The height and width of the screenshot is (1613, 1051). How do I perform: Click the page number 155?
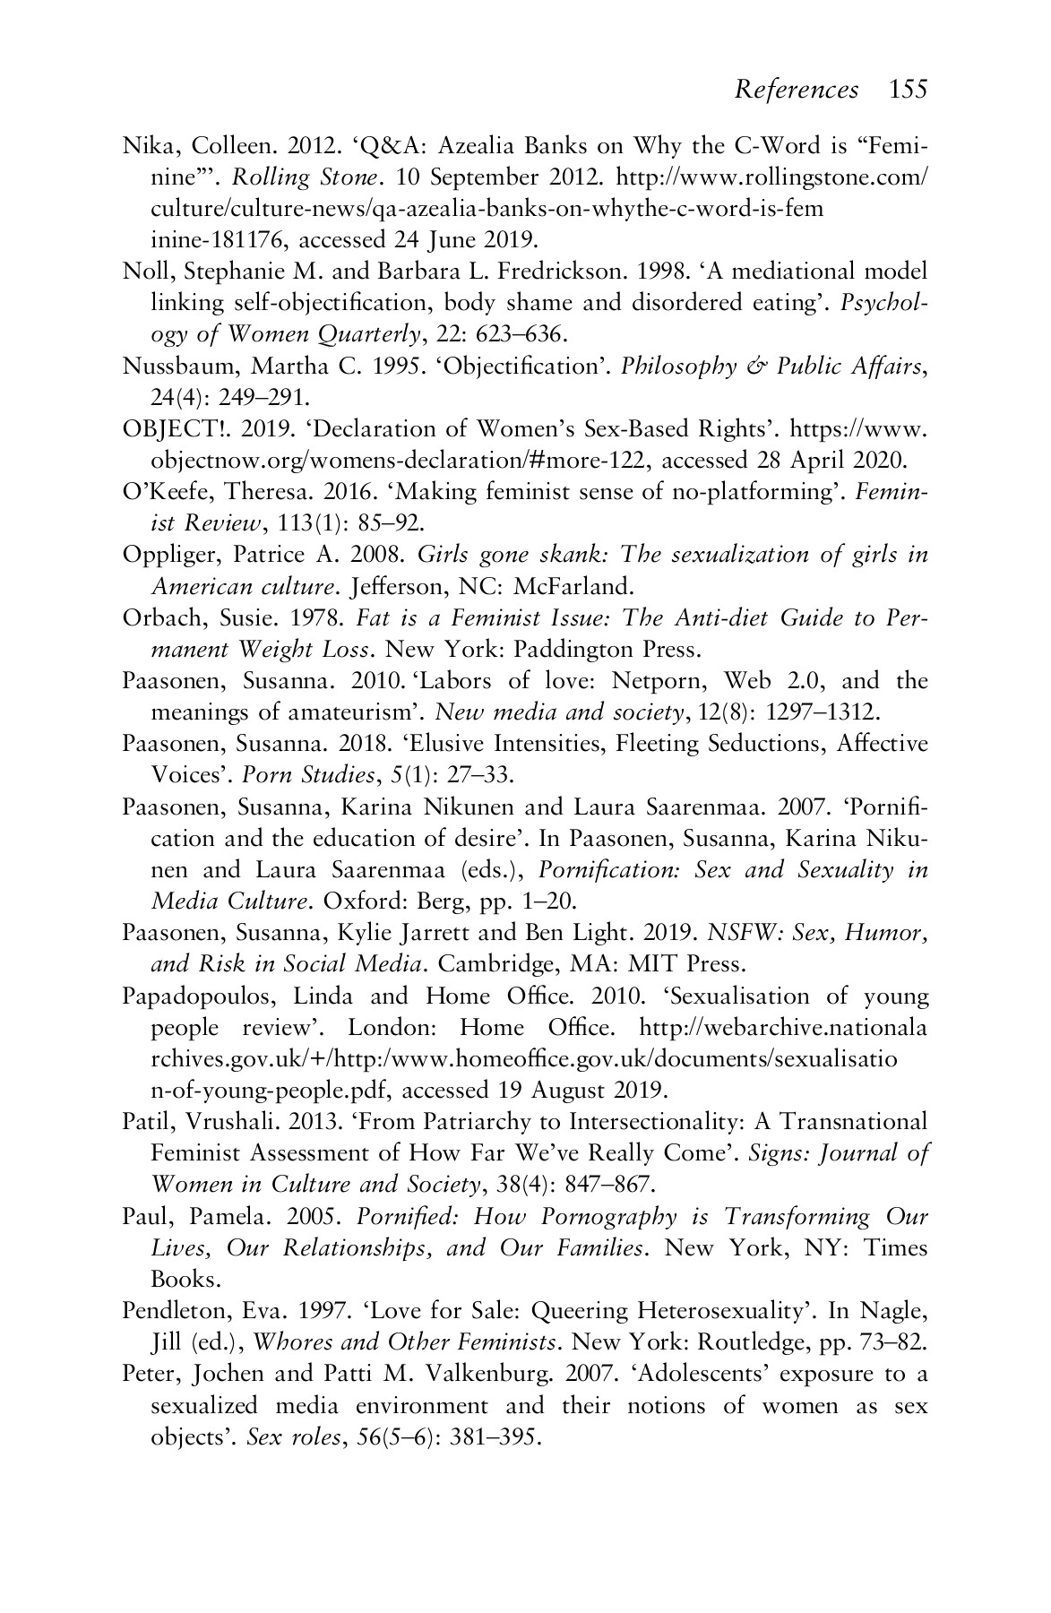[909, 90]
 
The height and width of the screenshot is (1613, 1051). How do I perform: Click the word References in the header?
[796, 90]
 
